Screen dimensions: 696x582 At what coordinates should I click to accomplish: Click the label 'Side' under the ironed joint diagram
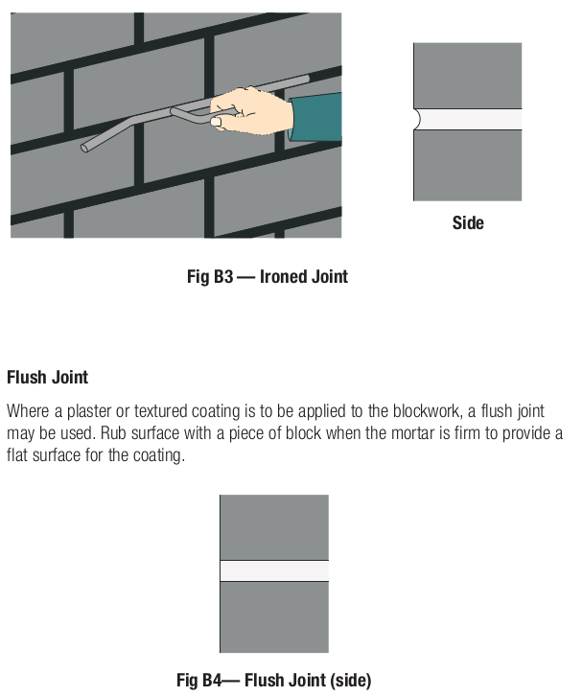click(468, 223)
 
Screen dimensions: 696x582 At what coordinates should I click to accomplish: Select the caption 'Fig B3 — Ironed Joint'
click(267, 277)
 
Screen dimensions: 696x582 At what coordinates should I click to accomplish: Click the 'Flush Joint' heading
click(47, 378)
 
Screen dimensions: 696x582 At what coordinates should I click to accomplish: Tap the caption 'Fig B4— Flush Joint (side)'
click(273, 680)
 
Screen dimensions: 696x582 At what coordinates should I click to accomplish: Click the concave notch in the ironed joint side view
click(417, 119)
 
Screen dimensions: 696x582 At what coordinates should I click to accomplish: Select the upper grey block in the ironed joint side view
click(468, 75)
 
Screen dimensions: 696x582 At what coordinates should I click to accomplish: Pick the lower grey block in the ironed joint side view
click(468, 165)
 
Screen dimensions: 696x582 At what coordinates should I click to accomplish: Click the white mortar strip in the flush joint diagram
click(274, 570)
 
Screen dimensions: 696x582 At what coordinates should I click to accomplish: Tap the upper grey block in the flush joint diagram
click(274, 526)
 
